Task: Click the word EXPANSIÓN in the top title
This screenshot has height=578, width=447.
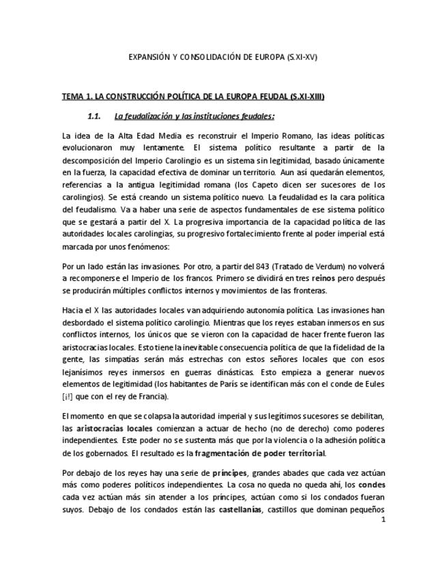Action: click(150, 57)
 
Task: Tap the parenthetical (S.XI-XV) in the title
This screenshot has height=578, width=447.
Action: click(302, 57)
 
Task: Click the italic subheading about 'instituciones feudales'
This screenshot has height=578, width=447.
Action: click(194, 115)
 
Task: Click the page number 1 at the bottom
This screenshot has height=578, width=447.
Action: click(384, 520)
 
